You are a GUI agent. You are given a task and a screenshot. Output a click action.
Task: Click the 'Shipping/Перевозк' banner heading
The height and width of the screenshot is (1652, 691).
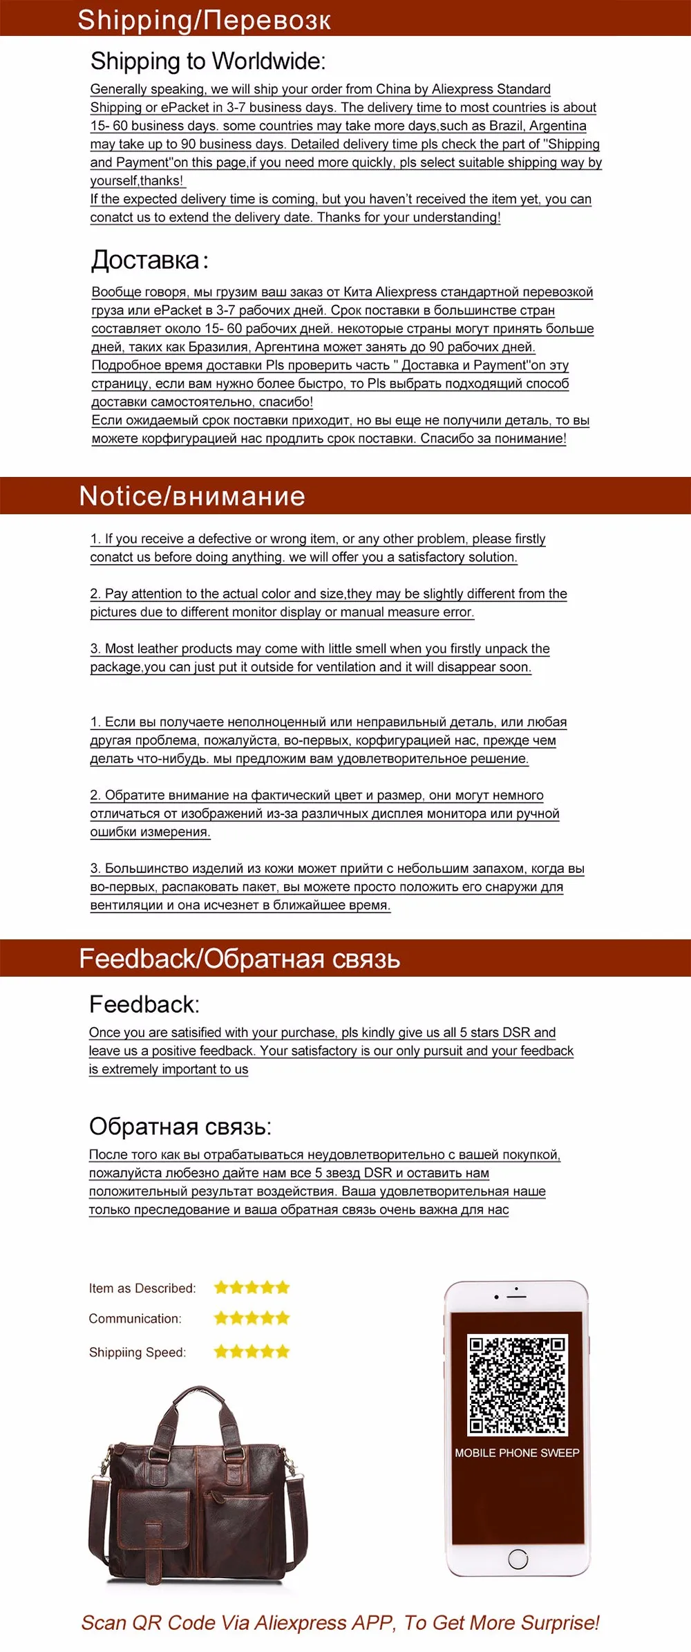click(x=204, y=19)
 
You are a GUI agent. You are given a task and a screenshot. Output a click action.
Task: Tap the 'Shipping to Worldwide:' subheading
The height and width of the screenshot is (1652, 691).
click(x=208, y=61)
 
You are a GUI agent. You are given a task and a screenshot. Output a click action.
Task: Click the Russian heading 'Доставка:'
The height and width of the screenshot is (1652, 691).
click(x=149, y=260)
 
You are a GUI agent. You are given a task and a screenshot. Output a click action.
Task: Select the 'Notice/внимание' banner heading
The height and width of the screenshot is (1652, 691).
click(x=192, y=496)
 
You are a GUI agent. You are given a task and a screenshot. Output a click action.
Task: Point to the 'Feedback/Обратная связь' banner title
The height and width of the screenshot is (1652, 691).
click(x=239, y=959)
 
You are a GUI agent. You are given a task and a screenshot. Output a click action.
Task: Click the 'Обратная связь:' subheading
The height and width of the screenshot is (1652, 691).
click(x=180, y=1126)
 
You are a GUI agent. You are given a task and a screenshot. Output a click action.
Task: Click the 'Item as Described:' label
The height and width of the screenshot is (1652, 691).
click(x=142, y=1288)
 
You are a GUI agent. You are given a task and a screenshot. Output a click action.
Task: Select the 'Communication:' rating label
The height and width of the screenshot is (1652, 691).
click(x=135, y=1319)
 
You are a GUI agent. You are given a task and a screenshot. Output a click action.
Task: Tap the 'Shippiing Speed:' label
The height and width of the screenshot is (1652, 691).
click(x=138, y=1352)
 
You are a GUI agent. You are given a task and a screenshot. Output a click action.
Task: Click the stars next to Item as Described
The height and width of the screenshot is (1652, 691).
click(x=252, y=1287)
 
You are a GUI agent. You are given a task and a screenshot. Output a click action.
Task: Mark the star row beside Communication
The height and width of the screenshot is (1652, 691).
click(x=252, y=1318)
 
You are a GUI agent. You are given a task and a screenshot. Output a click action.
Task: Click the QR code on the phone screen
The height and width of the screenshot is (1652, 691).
click(x=518, y=1385)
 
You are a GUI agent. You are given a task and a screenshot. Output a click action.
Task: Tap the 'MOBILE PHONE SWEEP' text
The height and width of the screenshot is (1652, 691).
click(x=517, y=1453)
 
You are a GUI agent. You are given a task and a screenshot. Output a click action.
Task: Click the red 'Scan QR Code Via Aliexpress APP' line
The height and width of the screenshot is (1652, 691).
click(x=340, y=1622)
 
